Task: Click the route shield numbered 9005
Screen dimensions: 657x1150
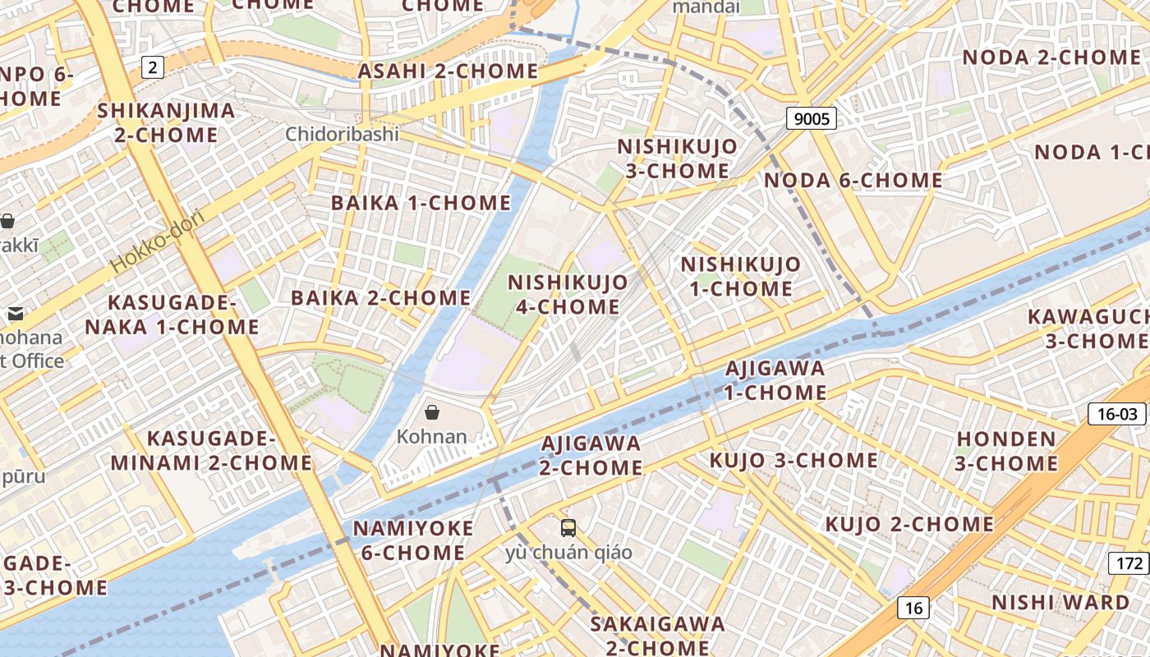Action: pyautogui.click(x=812, y=119)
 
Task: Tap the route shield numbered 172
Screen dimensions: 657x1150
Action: pyautogui.click(x=1130, y=563)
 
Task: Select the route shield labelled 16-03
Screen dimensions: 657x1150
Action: pyautogui.click(x=1117, y=414)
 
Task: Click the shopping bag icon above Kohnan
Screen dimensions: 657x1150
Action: pyautogui.click(x=432, y=412)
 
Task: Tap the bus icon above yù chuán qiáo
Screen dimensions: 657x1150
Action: pyautogui.click(x=568, y=528)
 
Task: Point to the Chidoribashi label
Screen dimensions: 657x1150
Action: pyautogui.click(x=342, y=134)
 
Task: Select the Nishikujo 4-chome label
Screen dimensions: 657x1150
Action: pyautogui.click(x=568, y=294)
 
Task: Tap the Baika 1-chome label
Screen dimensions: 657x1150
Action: pyautogui.click(x=421, y=203)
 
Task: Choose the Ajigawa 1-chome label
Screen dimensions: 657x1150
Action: pyautogui.click(x=775, y=379)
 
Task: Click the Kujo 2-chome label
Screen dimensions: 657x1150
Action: pyautogui.click(x=909, y=524)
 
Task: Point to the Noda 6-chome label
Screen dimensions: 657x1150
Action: pyautogui.click(x=853, y=180)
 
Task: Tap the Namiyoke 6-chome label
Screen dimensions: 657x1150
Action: pyautogui.click(x=413, y=540)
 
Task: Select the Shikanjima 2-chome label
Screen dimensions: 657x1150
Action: pyautogui.click(x=166, y=122)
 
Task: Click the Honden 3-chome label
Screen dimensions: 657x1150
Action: pyautogui.click(x=1007, y=451)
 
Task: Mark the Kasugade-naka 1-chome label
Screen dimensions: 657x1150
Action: pyautogui.click(x=172, y=315)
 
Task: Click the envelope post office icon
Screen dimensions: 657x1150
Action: pyautogui.click(x=16, y=314)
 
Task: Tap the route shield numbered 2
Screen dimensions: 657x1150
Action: pyautogui.click(x=152, y=67)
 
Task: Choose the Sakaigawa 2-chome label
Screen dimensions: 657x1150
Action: pyautogui.click(x=657, y=635)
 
